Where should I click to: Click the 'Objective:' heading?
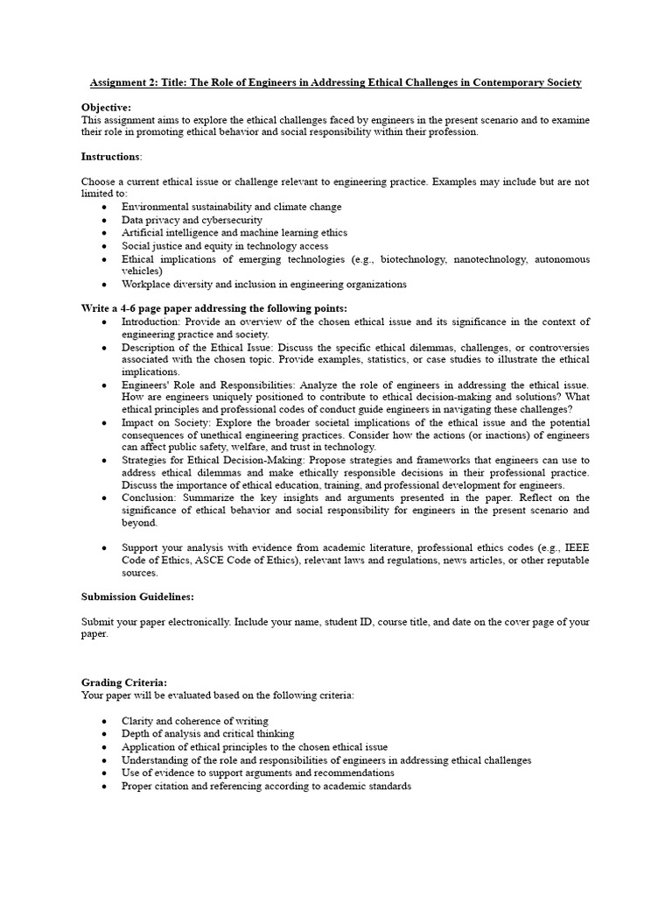pyautogui.click(x=106, y=106)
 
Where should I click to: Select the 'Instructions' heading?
pyautogui.click(x=111, y=156)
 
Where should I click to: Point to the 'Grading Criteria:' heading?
pyautogui.click(x=124, y=682)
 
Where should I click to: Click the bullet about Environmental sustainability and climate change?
pyautogui.click(x=231, y=207)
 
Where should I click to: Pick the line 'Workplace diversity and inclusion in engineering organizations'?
pyautogui.click(x=263, y=284)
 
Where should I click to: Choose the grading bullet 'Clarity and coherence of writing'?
pyautogui.click(x=194, y=721)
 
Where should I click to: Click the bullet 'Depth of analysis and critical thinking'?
pyautogui.click(x=207, y=733)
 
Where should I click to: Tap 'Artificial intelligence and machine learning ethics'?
pyautogui.click(x=234, y=233)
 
